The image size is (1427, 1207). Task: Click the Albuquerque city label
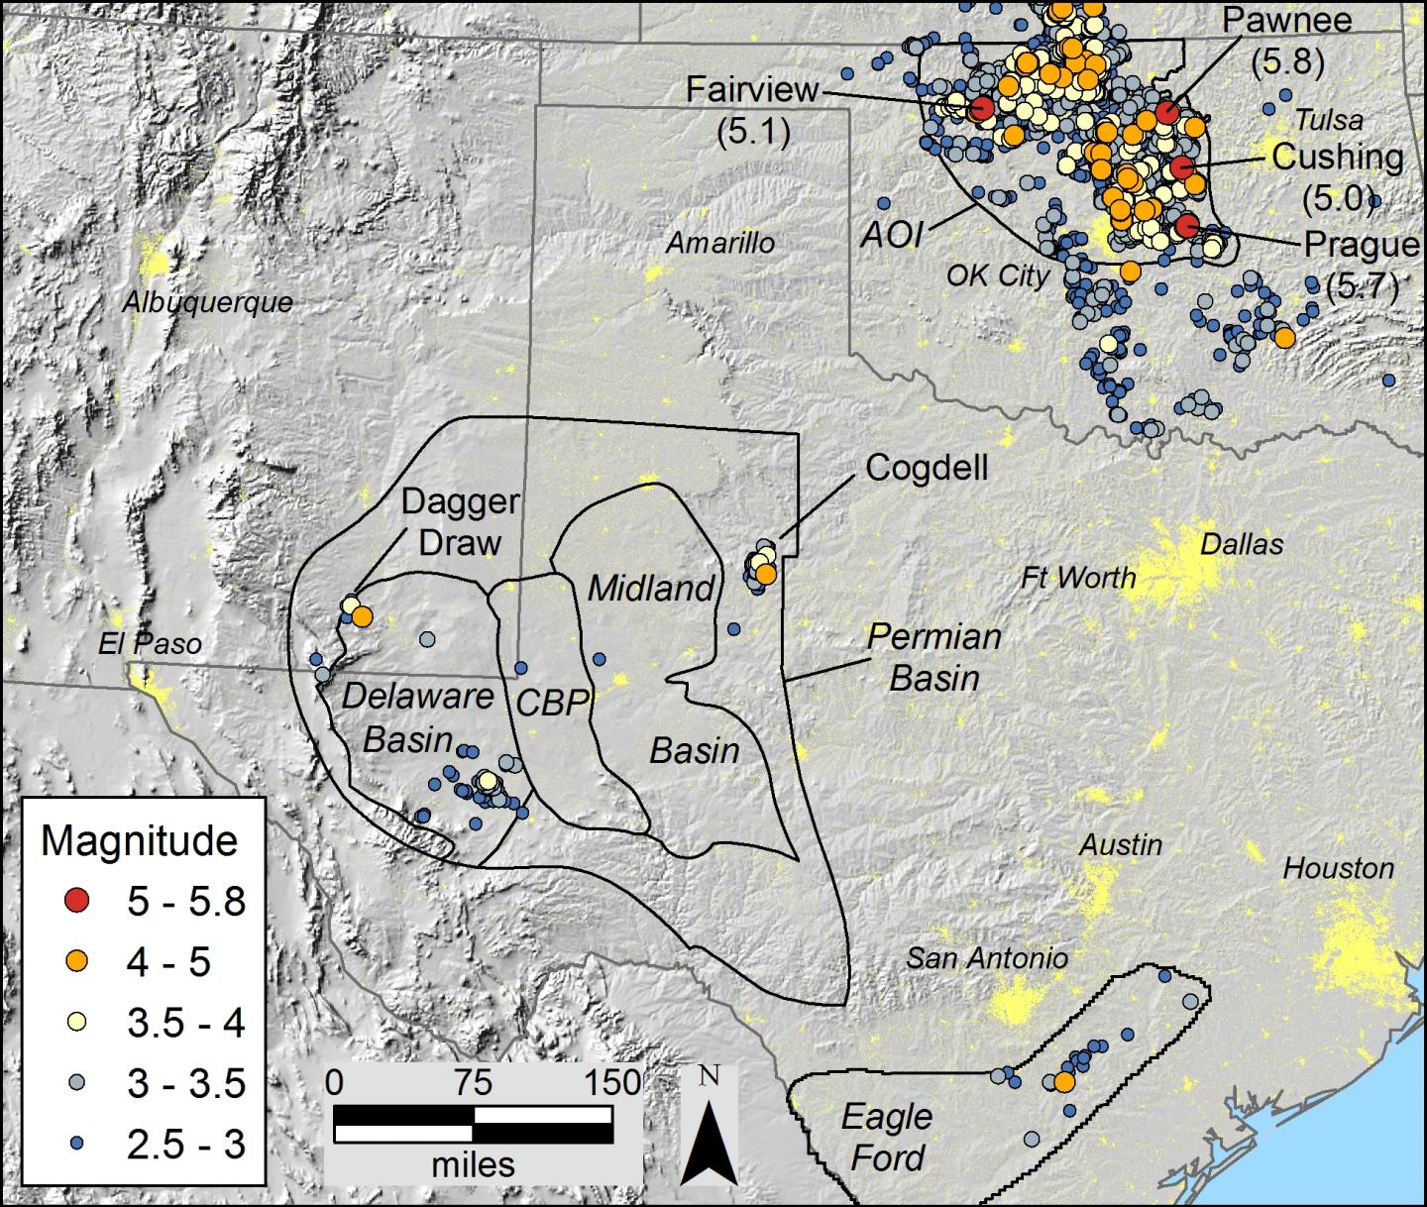207,302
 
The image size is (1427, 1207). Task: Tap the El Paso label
150,644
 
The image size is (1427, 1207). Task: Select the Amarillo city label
719,243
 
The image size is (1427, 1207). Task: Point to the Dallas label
1241,544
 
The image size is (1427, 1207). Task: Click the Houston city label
1338,869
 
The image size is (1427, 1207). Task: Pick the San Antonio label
987,957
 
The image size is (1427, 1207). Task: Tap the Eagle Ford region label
887,1137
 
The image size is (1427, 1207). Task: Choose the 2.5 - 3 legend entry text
185,1145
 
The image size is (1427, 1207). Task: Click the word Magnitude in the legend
139,841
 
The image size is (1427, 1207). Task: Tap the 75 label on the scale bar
474,1082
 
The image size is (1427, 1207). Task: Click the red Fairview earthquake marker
981,109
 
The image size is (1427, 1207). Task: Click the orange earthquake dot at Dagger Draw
362,616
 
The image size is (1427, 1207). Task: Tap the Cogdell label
927,468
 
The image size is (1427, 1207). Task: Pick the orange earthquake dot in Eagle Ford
1063,1082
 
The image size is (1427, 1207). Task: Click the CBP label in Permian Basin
552,702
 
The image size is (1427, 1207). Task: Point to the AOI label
892,235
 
